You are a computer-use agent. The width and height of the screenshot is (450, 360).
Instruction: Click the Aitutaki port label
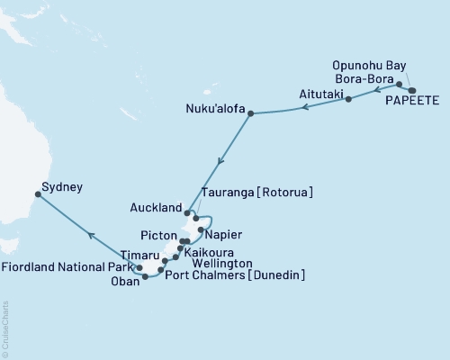pos(320,94)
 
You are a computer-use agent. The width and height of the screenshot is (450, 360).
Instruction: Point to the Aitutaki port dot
pos(348,99)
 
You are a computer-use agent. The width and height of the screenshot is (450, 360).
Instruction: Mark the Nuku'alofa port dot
pos(250,113)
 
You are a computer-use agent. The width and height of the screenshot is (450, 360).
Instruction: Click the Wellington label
pos(220,263)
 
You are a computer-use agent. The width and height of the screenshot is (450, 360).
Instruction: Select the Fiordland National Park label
pos(67,267)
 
